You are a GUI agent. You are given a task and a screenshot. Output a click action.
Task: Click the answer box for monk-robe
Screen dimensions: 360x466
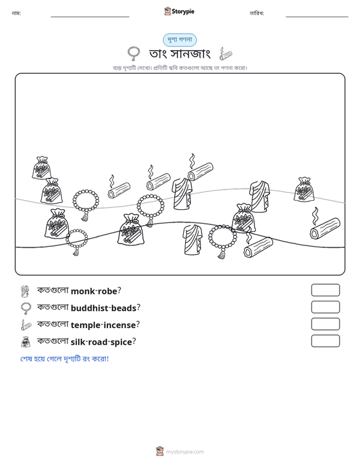[325, 290]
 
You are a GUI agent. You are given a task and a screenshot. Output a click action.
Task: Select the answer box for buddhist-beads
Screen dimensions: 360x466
[325, 307]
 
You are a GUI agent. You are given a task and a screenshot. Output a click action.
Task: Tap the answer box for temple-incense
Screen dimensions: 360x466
[325, 324]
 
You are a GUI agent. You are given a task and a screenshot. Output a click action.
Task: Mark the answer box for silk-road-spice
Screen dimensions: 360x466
[325, 341]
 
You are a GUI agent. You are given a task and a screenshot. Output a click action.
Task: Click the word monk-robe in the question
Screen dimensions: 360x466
[94, 291]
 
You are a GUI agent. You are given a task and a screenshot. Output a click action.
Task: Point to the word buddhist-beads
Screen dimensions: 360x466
[104, 308]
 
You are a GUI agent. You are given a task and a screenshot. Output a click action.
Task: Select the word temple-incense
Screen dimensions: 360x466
[103, 325]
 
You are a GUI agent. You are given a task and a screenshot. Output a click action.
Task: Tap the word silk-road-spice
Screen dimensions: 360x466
[101, 342]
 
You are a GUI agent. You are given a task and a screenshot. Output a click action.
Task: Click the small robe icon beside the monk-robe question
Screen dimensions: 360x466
[25, 291]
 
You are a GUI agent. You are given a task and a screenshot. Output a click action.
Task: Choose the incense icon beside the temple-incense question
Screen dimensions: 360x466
[26, 325]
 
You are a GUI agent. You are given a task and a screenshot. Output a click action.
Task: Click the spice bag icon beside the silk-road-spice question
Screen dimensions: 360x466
[26, 342]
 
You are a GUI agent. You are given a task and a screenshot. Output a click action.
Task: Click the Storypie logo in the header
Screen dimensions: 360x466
[179, 11]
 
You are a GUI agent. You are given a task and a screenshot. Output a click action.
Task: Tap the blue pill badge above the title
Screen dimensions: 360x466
[179, 40]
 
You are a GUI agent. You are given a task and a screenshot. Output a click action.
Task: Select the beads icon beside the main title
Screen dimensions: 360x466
[134, 53]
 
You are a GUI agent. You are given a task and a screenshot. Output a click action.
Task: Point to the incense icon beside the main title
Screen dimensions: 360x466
[226, 53]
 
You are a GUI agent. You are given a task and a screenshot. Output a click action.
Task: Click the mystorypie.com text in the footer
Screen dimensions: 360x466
[185, 452]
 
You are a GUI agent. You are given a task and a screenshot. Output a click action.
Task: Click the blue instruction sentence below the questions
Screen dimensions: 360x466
[64, 359]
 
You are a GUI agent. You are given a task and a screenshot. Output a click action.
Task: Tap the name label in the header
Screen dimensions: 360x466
[16, 13]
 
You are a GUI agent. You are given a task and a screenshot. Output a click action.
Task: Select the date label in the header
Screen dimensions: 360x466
[257, 13]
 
